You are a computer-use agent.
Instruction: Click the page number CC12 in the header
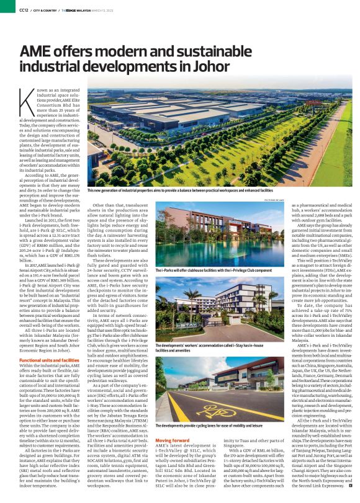[23, 10]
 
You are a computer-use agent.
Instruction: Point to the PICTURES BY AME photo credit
[275, 200]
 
